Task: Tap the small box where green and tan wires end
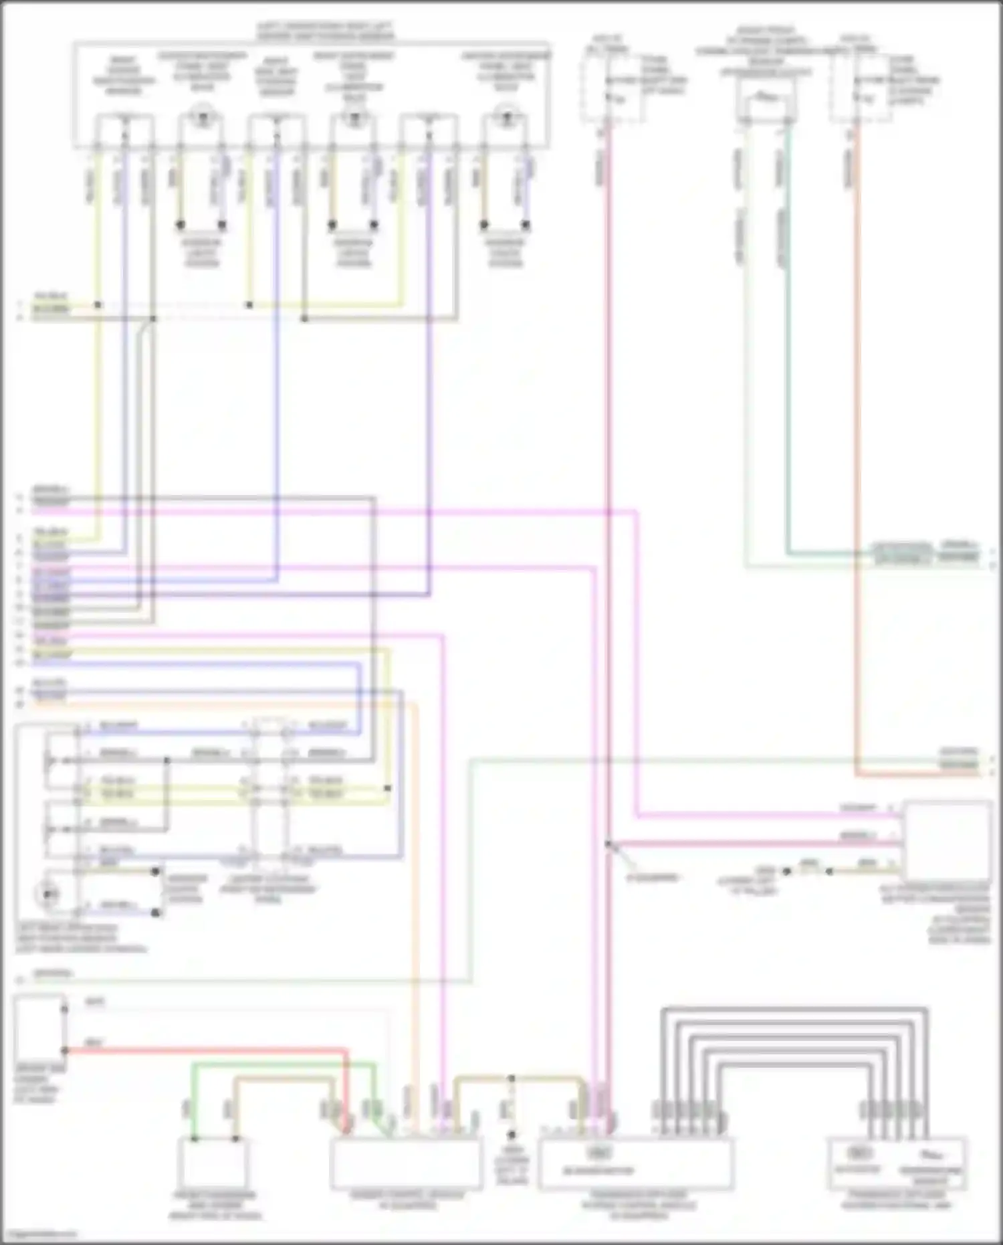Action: (x=213, y=1163)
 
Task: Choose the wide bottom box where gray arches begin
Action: (x=635, y=1164)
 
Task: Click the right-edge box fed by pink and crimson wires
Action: (x=947, y=840)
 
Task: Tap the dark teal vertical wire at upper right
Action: (x=789, y=401)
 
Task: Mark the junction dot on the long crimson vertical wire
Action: (x=608, y=844)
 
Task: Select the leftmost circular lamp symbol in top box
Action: (x=201, y=118)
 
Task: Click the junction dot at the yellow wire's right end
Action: (x=388, y=788)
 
